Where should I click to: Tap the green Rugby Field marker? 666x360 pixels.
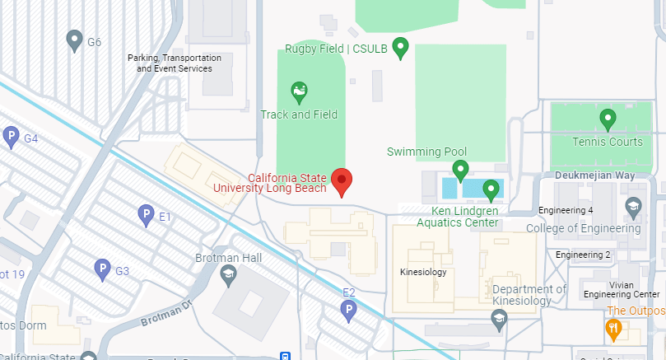pos(401,48)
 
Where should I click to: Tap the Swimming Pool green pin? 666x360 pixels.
pos(460,170)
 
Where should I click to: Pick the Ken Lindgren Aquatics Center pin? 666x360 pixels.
pos(491,189)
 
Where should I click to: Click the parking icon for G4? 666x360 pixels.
pos(11,137)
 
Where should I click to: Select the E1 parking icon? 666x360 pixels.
pos(145,215)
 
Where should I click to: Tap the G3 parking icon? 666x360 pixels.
pos(102,269)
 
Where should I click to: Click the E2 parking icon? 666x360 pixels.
pos(349,310)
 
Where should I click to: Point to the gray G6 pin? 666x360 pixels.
pos(74,39)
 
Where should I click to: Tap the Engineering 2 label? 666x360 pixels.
pos(583,255)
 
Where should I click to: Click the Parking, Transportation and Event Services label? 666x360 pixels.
pos(175,63)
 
